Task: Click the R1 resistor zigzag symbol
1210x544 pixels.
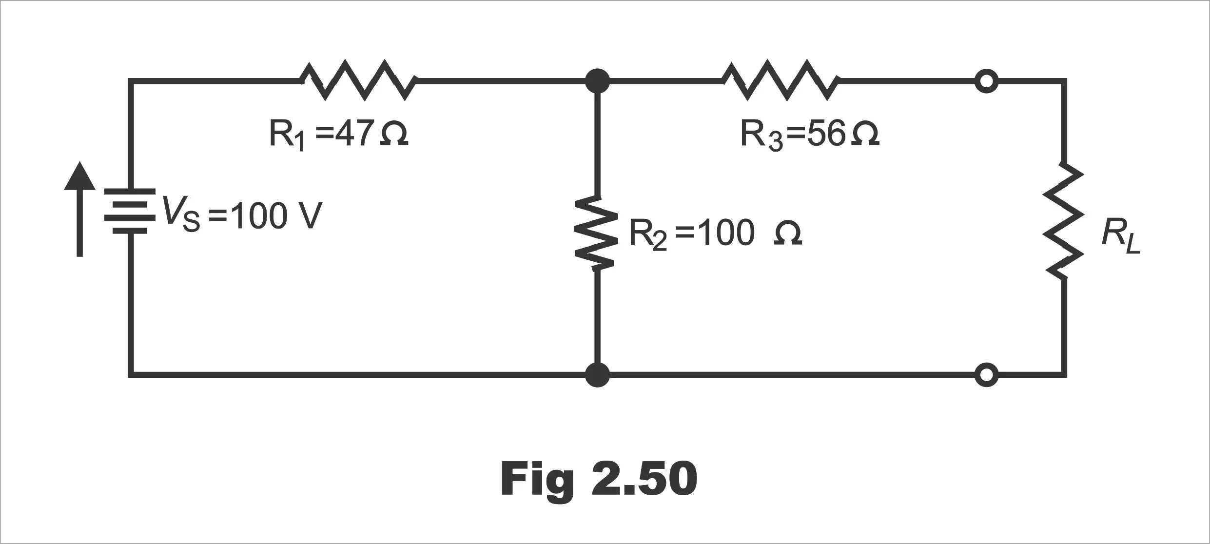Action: [358, 80]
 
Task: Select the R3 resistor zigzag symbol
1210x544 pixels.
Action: [780, 80]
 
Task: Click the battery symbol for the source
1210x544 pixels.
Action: [130, 212]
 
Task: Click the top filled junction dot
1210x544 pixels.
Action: [597, 81]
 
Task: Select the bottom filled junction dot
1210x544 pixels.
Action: [597, 375]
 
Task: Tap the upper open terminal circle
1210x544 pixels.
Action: [986, 81]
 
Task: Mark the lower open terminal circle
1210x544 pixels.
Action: [986, 375]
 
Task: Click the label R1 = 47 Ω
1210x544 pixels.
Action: [338, 135]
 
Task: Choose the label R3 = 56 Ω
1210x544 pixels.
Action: [810, 135]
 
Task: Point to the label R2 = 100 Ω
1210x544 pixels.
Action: [716, 234]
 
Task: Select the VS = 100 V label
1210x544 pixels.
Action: [242, 214]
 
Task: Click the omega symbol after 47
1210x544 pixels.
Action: [393, 134]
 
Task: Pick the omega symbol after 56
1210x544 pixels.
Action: [865, 134]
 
